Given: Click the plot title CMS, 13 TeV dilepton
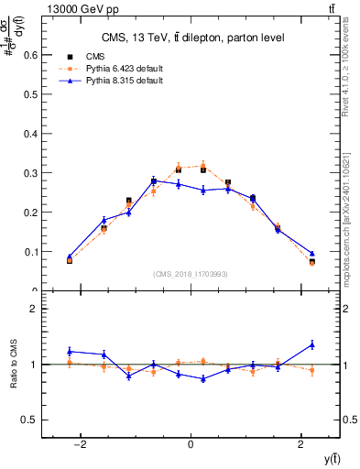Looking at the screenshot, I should coord(191,38).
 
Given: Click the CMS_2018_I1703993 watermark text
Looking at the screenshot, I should coord(191,274).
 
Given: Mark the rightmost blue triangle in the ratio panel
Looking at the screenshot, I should coord(312,344).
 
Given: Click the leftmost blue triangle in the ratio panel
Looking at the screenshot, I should coord(70,351).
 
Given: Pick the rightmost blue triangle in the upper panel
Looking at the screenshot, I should coord(312,254).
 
